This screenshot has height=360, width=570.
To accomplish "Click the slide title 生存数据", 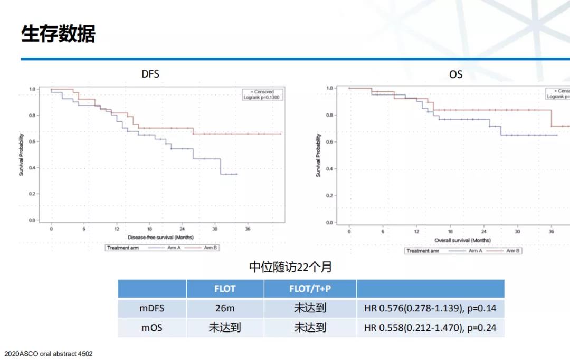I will pos(58,34).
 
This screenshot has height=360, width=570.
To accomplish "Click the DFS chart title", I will pos(150,74).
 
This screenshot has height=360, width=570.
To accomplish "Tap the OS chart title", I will pos(455,74).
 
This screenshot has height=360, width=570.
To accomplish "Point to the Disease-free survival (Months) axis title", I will pos(160,238).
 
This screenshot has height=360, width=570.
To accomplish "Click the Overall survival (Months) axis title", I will pos(462,240).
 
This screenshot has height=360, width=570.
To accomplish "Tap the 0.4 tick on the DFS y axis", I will pos(32,168).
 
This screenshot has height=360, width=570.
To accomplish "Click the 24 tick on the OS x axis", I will pos(483,232).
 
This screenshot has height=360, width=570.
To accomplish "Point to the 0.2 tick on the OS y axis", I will pos(329,196).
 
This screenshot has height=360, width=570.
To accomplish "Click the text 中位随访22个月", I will pos(291,267).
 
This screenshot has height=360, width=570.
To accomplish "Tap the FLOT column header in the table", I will pos(225,289).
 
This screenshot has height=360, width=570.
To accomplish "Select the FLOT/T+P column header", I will pos(310,289).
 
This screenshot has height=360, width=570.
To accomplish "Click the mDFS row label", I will pos(151,308).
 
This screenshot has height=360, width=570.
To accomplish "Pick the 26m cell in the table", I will pos(225,308).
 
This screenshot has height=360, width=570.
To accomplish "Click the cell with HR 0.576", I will pos(430,308).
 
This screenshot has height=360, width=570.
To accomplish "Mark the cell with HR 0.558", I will pos(430,328).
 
